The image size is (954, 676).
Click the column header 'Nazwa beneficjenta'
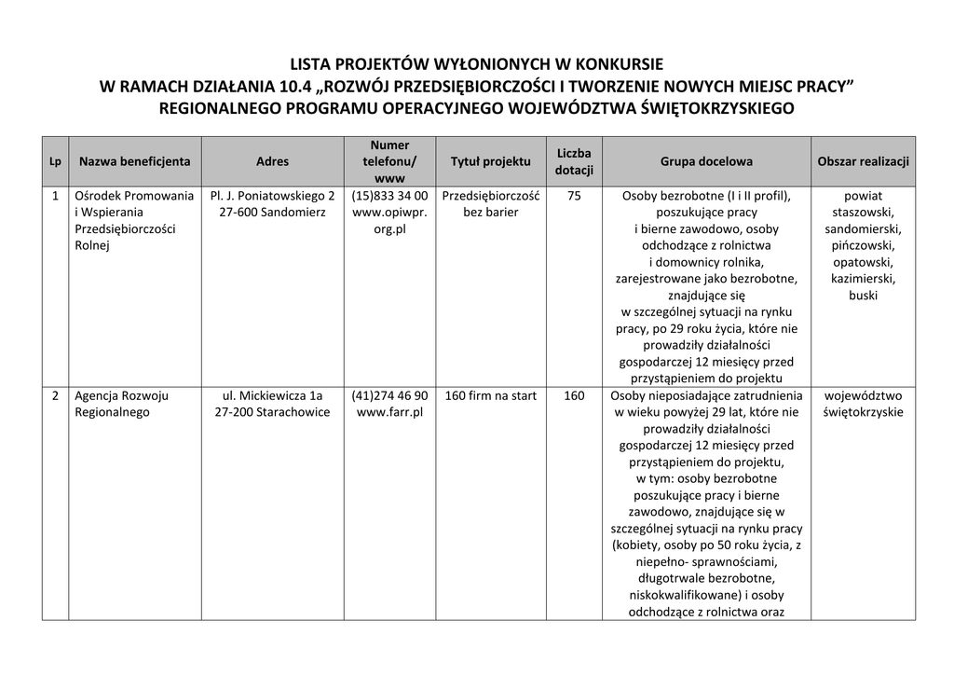coord(135,161)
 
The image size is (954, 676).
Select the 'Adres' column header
coord(272,161)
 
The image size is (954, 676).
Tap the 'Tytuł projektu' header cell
coord(490,161)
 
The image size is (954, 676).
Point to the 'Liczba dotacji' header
coord(574,161)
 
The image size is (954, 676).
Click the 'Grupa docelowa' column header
coord(706,161)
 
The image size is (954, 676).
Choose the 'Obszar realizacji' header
coord(863,161)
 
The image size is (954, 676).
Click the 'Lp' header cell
coord(55,162)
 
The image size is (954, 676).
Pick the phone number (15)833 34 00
coord(390,196)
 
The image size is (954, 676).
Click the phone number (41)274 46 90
coord(390,395)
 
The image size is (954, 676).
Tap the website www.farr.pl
coord(390,412)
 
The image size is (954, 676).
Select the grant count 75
coord(574,196)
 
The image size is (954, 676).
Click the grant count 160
coord(574,395)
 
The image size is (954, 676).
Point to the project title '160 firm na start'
coord(490,395)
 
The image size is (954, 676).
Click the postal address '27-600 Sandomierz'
coord(272,213)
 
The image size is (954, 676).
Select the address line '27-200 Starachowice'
coord(272,412)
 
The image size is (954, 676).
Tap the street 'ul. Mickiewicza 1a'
coord(272,395)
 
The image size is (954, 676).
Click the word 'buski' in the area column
coord(863,296)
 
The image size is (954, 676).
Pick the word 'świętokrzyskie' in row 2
coord(863,412)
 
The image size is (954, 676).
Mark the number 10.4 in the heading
coord(293,87)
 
